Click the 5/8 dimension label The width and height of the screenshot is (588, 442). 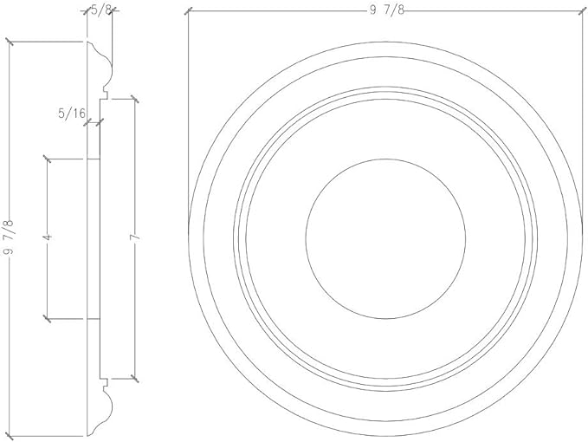[100, 10]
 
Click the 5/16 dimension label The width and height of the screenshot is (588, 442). [72, 113]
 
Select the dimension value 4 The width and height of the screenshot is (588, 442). [48, 237]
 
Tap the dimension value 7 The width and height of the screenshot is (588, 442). [135, 237]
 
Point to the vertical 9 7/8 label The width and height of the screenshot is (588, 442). [9, 237]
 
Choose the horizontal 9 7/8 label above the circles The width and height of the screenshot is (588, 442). [387, 10]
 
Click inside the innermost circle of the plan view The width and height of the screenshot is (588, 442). [385, 238]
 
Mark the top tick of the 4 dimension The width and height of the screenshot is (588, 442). [47, 159]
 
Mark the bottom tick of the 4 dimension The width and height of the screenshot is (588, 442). [47, 319]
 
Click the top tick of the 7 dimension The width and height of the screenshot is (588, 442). [134, 99]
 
